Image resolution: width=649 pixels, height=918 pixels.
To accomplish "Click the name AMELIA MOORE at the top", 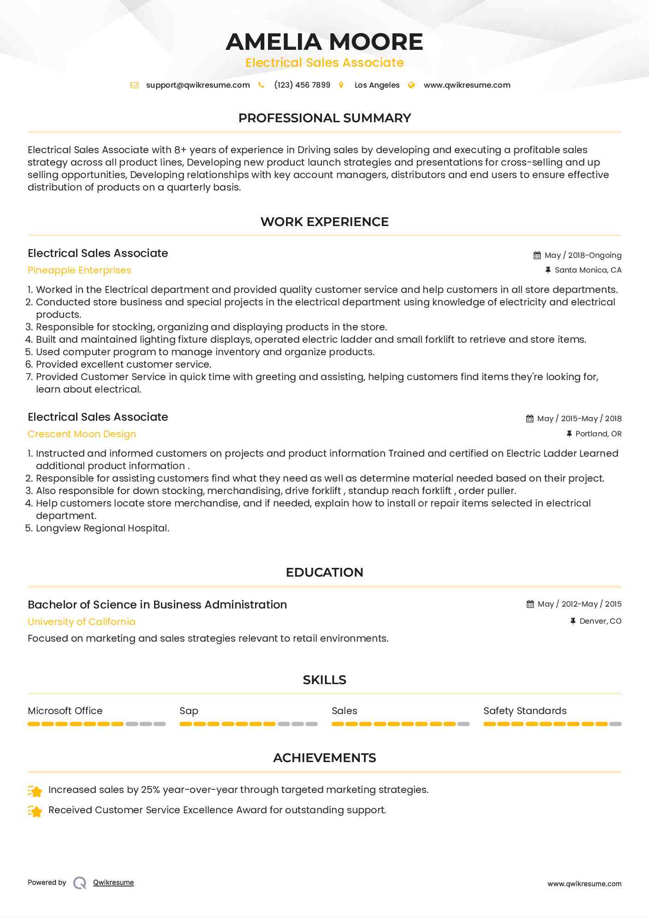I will (x=324, y=42).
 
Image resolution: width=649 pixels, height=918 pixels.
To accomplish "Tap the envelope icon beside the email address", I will (x=134, y=85).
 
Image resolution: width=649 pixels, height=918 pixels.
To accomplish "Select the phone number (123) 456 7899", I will (x=302, y=85).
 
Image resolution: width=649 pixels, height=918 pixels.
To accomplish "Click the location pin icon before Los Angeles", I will (x=341, y=85).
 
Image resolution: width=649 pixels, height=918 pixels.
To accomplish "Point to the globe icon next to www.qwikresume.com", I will (x=411, y=85).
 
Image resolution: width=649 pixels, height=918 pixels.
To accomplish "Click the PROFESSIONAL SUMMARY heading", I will (x=324, y=118).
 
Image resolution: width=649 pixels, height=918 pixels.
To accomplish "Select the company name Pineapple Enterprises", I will (x=79, y=270).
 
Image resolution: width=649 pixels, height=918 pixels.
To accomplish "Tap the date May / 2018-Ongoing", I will (x=583, y=256).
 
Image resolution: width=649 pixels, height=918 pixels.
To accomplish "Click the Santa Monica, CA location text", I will (x=588, y=270).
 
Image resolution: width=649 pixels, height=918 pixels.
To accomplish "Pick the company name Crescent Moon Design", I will (x=82, y=434).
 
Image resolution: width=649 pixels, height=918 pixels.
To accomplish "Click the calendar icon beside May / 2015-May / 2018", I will (x=530, y=419).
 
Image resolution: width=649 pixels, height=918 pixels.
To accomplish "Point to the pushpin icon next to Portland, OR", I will (x=569, y=434).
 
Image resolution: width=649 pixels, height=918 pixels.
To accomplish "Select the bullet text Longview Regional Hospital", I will (x=102, y=528).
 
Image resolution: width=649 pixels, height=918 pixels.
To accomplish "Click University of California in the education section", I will (x=82, y=622).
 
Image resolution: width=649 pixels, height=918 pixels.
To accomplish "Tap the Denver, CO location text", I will (x=600, y=621).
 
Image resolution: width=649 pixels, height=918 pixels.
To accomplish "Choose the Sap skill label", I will (x=189, y=711).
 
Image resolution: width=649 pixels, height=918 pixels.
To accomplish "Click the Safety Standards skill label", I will (x=524, y=711).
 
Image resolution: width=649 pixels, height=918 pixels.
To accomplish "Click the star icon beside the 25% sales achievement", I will (x=35, y=791).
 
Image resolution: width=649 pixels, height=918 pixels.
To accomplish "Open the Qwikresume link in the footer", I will (x=113, y=882).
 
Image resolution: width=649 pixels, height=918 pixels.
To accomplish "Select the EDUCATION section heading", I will (x=324, y=572).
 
